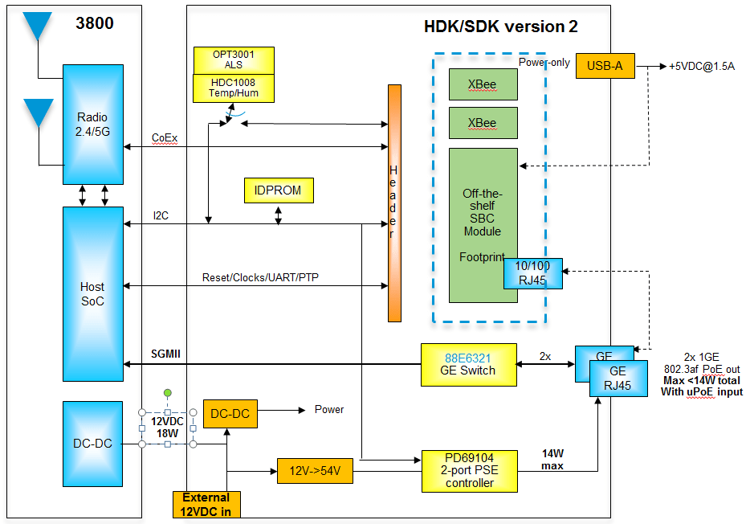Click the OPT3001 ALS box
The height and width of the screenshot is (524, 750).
click(234, 60)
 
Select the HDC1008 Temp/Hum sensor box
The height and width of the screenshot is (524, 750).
click(234, 88)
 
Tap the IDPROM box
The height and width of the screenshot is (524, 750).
click(279, 190)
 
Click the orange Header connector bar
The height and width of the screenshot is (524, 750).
click(393, 203)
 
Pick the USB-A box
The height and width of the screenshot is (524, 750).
click(605, 66)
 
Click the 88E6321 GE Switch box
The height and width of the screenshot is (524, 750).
click(468, 364)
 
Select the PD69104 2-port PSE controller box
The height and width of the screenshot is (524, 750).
click(470, 470)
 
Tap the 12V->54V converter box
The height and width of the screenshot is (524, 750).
click(315, 470)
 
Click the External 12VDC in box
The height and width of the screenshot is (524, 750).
click(206, 504)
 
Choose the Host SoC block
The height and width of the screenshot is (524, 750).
click(92, 293)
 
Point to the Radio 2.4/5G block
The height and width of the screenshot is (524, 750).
click(92, 125)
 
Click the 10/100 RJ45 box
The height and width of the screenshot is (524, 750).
click(532, 273)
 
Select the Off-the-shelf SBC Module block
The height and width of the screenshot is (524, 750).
click(483, 217)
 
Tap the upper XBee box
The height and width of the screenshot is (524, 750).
click(483, 84)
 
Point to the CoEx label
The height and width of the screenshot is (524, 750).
click(165, 137)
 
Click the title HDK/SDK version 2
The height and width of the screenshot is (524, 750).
click(500, 27)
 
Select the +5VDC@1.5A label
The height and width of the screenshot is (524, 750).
click(701, 67)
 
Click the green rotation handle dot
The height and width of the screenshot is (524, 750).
click(167, 393)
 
